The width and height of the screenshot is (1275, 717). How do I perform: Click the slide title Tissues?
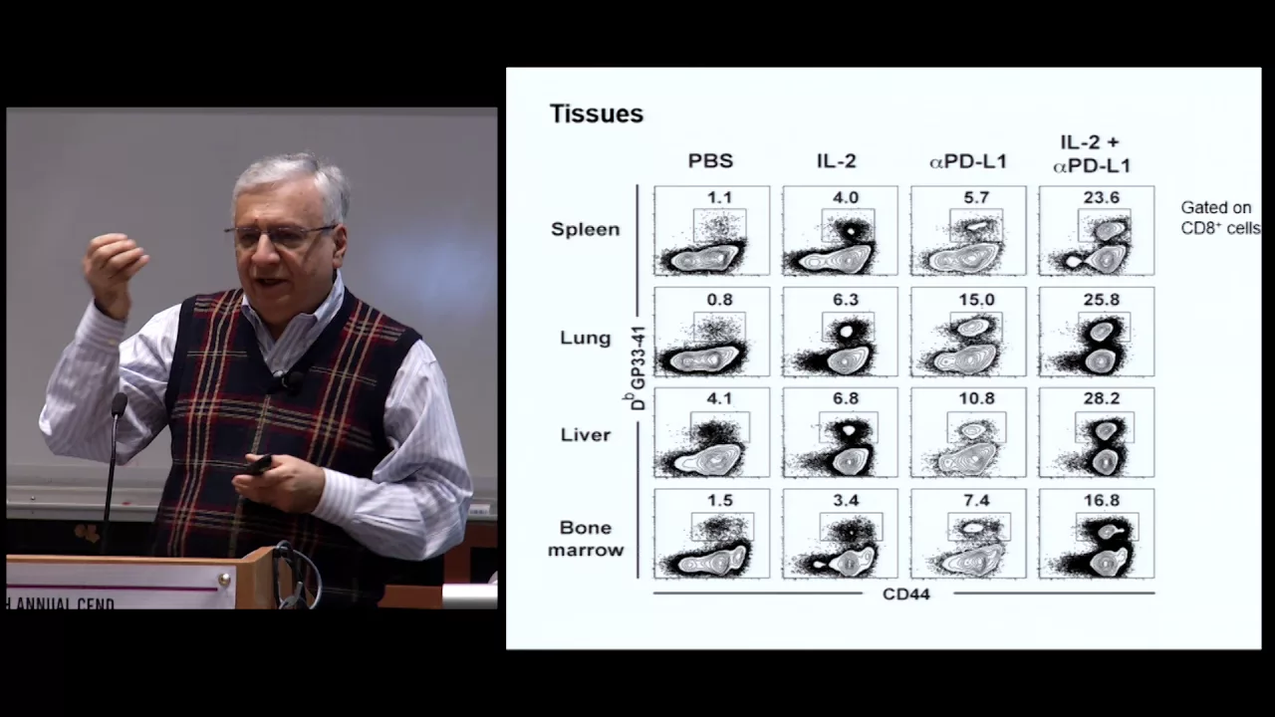(x=597, y=115)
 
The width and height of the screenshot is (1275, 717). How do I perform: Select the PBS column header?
(x=710, y=161)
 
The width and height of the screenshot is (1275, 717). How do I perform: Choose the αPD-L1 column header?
(x=967, y=161)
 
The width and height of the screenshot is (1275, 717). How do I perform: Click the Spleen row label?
(x=586, y=229)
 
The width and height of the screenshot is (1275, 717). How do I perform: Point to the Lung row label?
(x=586, y=338)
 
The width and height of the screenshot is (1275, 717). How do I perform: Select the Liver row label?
(x=586, y=435)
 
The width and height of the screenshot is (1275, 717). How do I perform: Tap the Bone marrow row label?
(x=586, y=539)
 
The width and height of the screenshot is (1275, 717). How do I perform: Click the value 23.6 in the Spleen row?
(x=1101, y=197)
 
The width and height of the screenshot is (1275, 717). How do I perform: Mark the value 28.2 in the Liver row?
(x=1101, y=398)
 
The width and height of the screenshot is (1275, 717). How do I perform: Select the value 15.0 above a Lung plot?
(x=976, y=299)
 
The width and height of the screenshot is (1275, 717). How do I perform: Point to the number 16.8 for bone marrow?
(x=1101, y=500)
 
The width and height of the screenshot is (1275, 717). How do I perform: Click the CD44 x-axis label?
(x=905, y=595)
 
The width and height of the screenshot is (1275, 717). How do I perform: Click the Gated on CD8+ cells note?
(x=1219, y=218)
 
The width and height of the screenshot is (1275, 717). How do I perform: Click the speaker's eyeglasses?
(x=281, y=235)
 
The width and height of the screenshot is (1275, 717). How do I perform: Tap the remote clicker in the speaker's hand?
(x=259, y=464)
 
